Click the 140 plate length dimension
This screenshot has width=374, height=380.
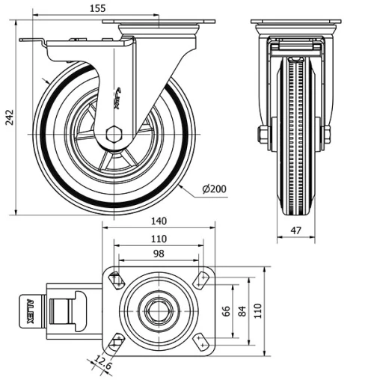pyautogui.click(x=159, y=221)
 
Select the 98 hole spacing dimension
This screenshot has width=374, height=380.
pyautogui.click(x=158, y=254)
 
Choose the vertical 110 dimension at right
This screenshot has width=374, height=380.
pyautogui.click(x=257, y=310)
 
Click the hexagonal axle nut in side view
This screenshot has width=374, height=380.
pyautogui.click(x=114, y=134)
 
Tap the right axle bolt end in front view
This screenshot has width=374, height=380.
pyautogui.click(x=327, y=135)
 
